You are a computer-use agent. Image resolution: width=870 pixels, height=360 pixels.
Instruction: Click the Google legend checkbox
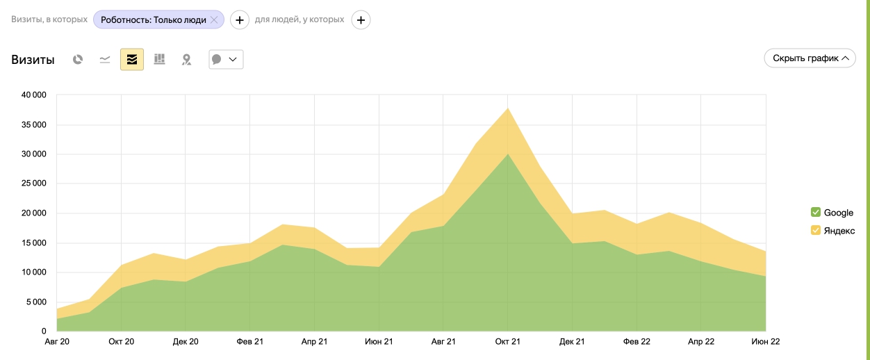[x=816, y=212]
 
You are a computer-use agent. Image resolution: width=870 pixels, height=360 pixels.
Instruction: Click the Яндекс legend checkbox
[x=816, y=230]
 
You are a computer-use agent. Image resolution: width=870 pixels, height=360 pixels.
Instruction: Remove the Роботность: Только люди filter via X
[x=214, y=20]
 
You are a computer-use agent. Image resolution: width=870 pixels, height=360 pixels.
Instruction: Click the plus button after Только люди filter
[x=240, y=20]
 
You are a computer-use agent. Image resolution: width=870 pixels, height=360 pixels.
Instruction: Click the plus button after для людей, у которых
[x=361, y=20]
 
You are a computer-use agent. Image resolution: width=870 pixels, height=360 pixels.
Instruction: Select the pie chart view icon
[x=78, y=60]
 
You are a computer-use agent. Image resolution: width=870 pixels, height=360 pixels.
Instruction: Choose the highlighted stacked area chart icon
[x=132, y=60]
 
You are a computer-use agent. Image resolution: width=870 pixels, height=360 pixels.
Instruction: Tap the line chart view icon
[x=105, y=60]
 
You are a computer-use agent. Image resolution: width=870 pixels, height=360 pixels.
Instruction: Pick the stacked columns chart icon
[x=159, y=60]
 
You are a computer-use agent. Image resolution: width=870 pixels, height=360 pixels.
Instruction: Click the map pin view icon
[x=186, y=60]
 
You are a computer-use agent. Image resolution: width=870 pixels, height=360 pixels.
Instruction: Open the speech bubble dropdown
[x=226, y=60]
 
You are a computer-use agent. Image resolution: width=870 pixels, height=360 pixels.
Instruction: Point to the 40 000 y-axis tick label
[x=33, y=95]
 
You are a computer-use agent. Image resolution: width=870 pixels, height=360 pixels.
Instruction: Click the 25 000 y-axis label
[x=33, y=183]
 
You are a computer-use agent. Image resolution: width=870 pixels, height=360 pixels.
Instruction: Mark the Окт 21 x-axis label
[x=507, y=341]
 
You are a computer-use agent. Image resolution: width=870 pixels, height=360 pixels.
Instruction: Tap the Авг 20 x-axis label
[x=56, y=341]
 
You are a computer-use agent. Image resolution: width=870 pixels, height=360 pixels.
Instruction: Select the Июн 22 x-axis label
[x=765, y=341]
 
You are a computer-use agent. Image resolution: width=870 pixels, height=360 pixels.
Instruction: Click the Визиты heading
[x=33, y=60]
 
